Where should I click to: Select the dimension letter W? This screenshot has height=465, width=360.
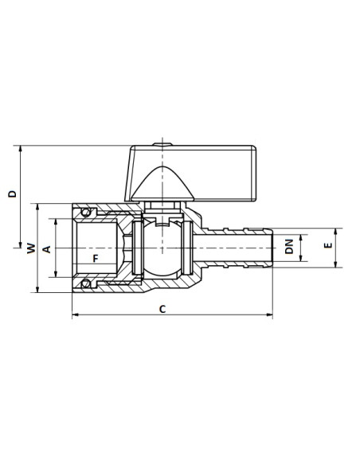tap(30, 248)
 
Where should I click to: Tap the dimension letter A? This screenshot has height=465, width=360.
tap(46, 248)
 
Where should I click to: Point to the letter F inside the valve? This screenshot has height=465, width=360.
tap(95, 259)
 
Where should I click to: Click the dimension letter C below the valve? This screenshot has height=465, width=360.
tap(162, 308)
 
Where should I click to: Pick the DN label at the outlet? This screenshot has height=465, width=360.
tap(289, 248)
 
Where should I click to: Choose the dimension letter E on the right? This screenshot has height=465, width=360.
tap(327, 248)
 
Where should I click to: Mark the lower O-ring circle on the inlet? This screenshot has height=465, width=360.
tap(85, 283)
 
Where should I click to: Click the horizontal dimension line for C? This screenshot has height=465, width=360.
tap(119, 316)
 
